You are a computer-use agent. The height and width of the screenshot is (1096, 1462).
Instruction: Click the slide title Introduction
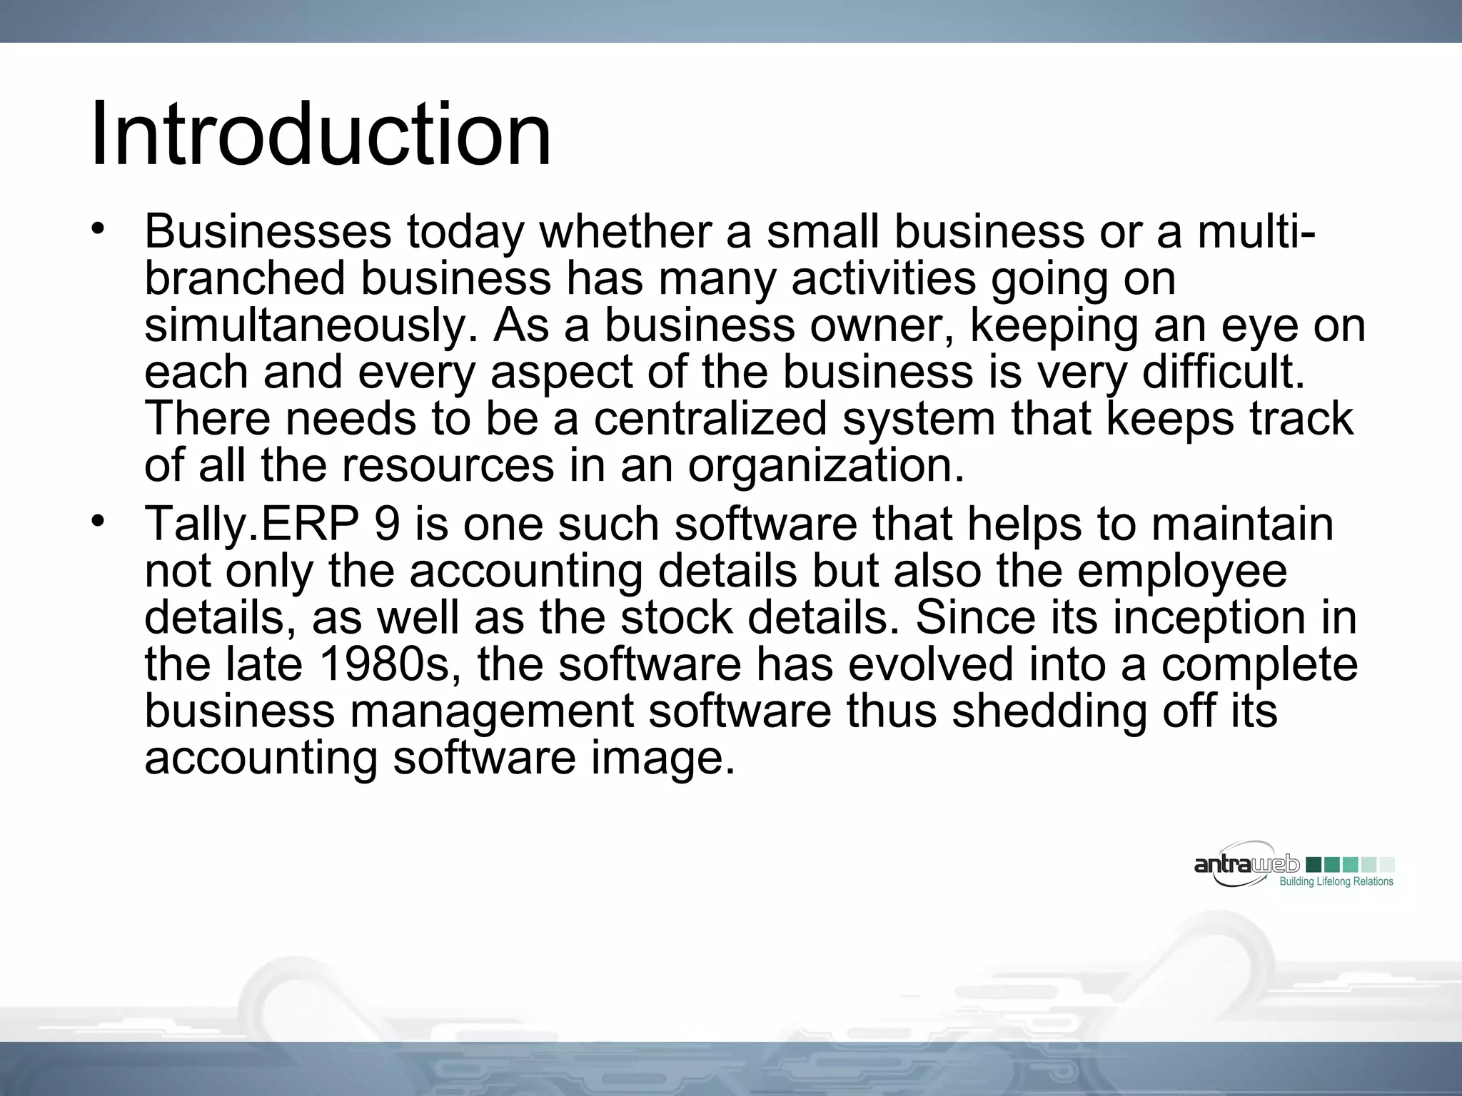point(321,134)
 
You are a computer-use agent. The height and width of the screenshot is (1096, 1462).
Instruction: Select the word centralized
point(710,419)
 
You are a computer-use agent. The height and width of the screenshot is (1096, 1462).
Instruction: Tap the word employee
point(1182,572)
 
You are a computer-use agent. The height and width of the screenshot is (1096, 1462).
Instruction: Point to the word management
point(492,711)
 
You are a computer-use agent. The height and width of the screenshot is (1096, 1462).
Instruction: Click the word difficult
point(1224,372)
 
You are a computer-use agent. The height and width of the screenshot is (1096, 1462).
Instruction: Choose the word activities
point(884,278)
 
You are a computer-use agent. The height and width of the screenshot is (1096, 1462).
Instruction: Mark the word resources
point(448,466)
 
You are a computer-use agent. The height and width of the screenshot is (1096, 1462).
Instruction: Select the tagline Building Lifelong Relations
point(1336,882)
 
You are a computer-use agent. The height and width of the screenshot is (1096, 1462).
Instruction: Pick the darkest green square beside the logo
point(1312,865)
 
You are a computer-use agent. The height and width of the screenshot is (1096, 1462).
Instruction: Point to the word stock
point(677,618)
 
